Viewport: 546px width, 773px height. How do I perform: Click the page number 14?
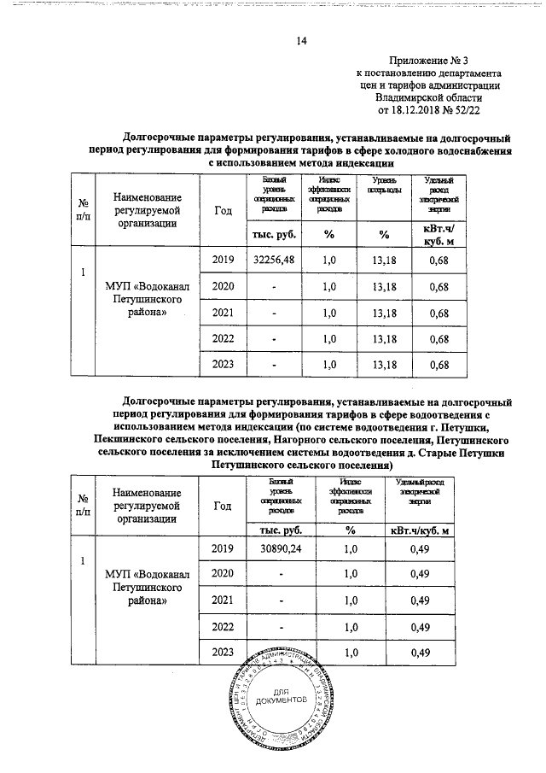(x=301, y=41)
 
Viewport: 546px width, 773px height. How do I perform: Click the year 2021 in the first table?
(x=222, y=313)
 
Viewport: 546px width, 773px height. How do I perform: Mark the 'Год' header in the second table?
(x=223, y=506)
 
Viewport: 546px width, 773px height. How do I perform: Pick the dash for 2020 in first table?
(x=274, y=286)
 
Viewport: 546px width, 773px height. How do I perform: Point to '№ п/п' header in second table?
(x=84, y=505)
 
